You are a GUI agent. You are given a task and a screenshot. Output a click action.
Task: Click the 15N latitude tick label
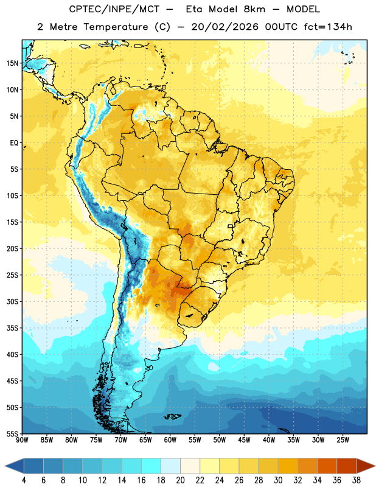coord(12,63)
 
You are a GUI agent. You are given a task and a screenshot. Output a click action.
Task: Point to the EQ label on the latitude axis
coord(14,143)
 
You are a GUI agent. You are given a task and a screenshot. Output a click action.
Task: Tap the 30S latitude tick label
coord(12,301)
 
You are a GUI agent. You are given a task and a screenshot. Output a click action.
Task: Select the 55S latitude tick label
coord(12,434)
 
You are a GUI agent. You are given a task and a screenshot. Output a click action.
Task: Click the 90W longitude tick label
coord(22,440)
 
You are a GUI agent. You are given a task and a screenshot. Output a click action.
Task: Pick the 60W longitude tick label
coord(170,440)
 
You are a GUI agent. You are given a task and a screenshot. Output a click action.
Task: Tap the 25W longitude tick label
coord(343,440)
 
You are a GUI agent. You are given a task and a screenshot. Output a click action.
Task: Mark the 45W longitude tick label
coord(244,440)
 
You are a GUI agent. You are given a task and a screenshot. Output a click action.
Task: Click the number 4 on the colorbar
coord(24,480)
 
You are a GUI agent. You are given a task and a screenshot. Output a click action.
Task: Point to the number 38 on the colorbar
coord(356,480)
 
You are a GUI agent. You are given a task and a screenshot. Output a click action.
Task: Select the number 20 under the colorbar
coord(180,480)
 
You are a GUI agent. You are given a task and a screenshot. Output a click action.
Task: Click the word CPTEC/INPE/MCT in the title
coord(114,9)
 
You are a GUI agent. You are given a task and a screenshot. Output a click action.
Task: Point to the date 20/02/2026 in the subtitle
coord(225,27)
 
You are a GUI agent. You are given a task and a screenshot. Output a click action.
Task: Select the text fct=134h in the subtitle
coord(328,27)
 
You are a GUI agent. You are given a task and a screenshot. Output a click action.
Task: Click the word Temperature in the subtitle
coord(116,27)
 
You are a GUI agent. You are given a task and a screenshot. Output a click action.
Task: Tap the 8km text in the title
coord(254,9)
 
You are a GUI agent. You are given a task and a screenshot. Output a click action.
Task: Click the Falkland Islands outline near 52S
coord(172,416)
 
